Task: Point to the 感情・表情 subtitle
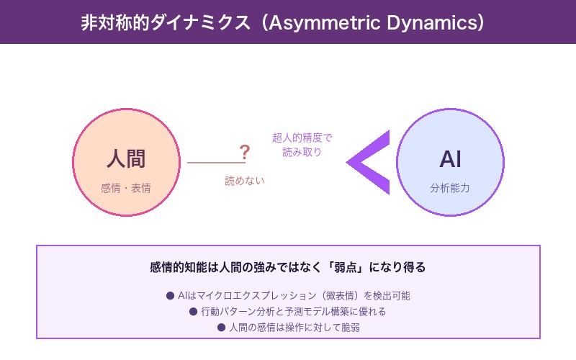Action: (x=126, y=189)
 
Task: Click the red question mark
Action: (x=245, y=152)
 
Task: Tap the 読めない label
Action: (x=245, y=181)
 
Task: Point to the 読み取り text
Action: (x=302, y=152)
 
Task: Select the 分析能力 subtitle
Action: (x=450, y=189)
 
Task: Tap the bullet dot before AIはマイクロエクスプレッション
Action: (x=170, y=295)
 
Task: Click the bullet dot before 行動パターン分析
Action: (x=193, y=311)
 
